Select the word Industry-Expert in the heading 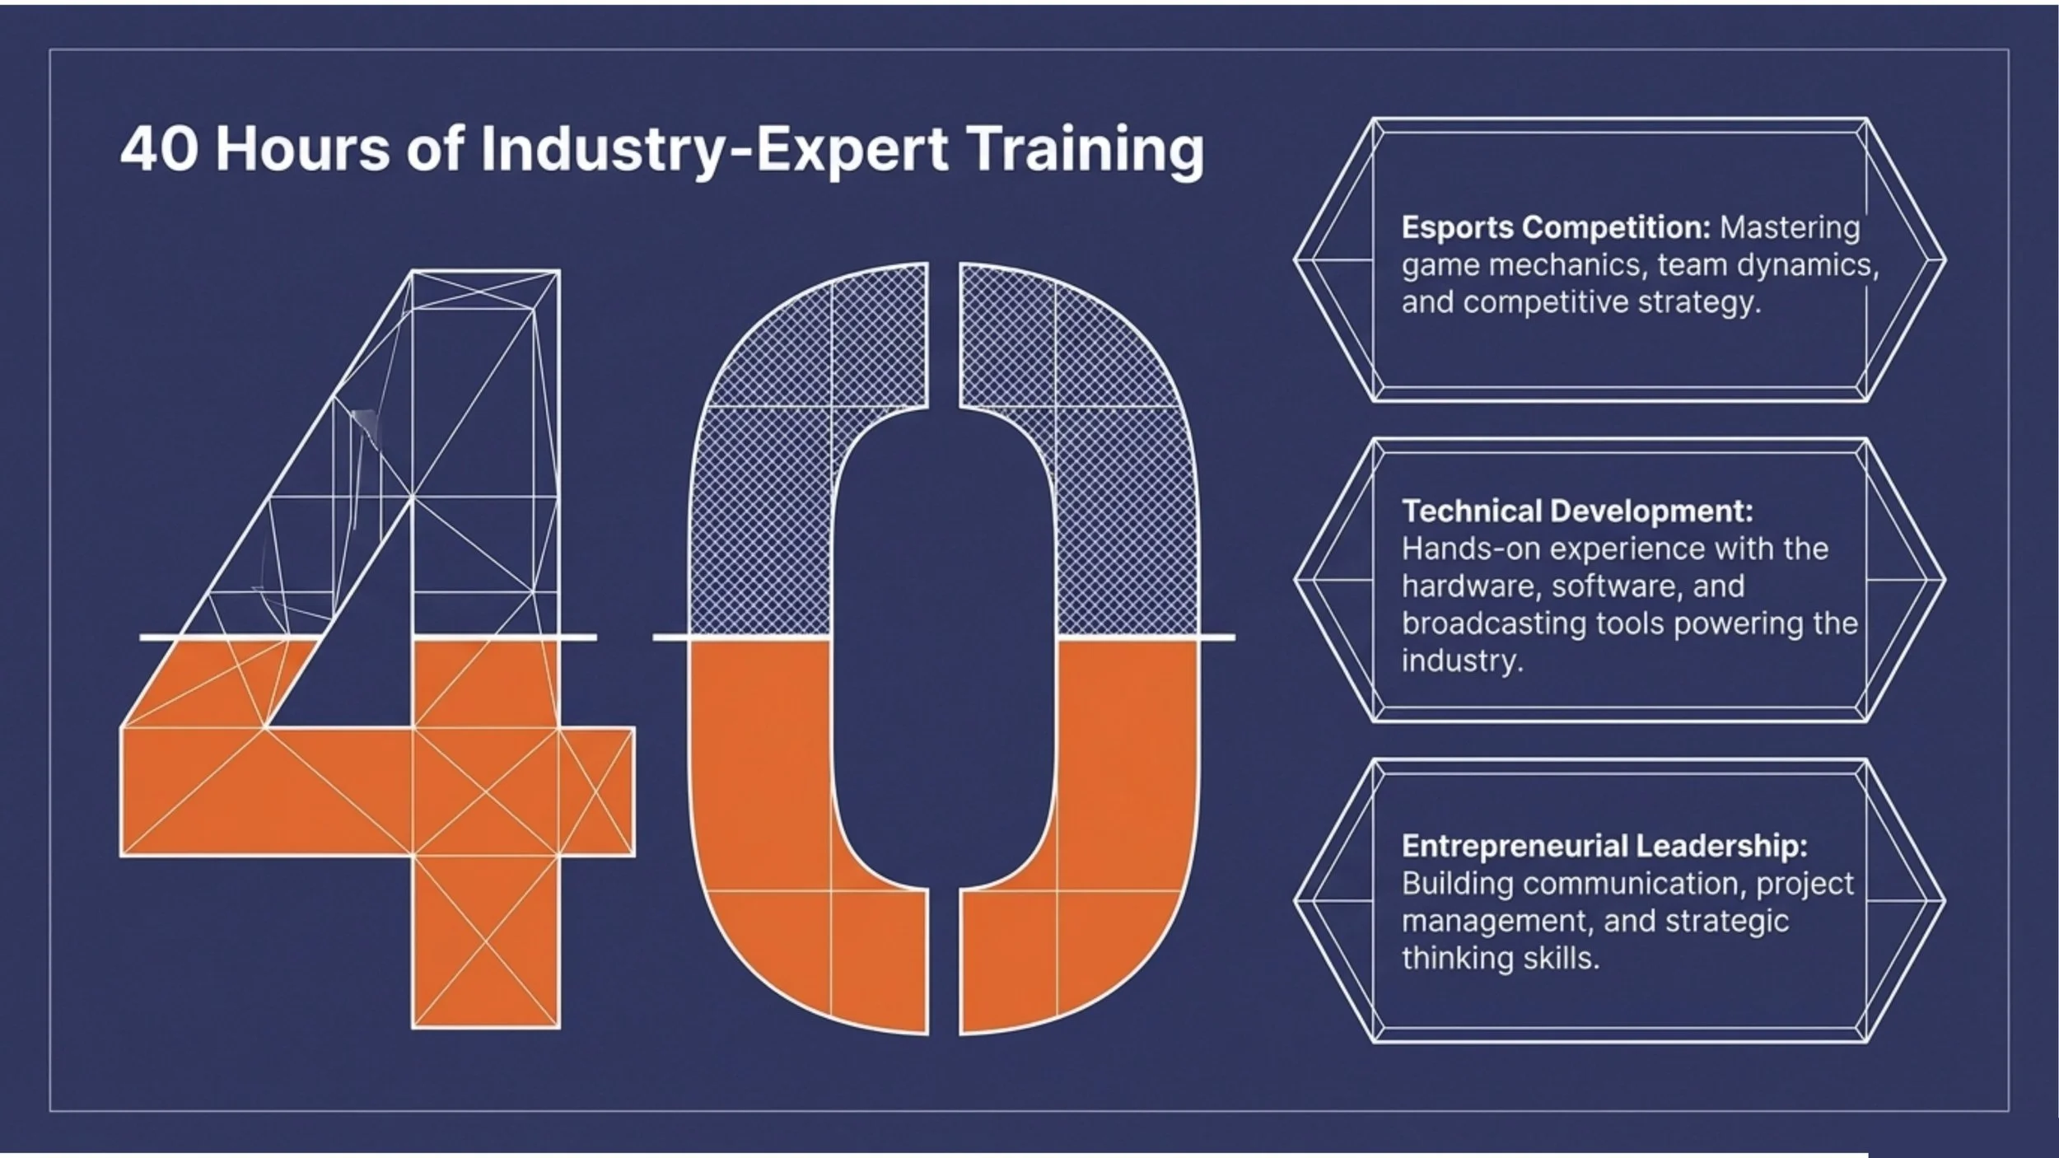[x=714, y=151]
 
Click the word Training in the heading [x=1086, y=151]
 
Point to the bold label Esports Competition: [x=1556, y=227]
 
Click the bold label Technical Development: [x=1577, y=511]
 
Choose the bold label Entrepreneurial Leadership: [x=1604, y=846]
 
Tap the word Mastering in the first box [x=1790, y=227]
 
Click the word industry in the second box [x=1461, y=661]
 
